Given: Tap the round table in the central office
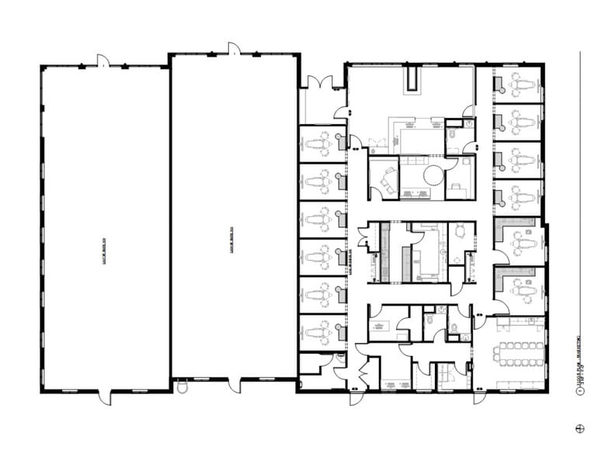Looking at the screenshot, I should (x=433, y=175).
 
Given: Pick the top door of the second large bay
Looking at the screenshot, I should (x=234, y=48).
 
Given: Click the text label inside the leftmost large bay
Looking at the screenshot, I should (x=104, y=230).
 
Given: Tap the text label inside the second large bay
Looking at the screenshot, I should (x=232, y=240).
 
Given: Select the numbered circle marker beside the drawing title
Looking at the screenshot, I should (x=579, y=392).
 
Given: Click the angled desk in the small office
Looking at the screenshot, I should (x=384, y=180).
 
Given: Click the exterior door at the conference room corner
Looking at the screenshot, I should (x=480, y=396).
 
